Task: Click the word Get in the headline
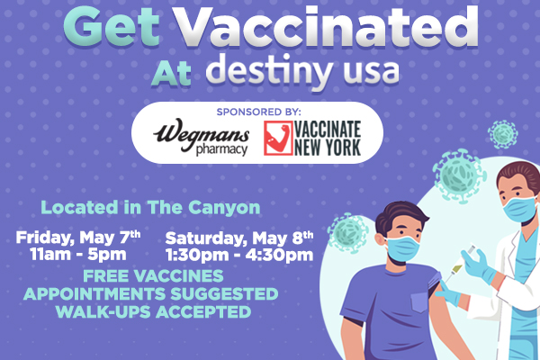click(x=112, y=27)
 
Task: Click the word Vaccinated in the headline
click(x=326, y=27)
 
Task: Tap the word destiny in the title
click(x=269, y=73)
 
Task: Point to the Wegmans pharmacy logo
click(x=201, y=137)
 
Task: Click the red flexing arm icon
click(x=278, y=138)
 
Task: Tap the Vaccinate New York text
click(x=328, y=138)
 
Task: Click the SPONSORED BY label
click(x=258, y=112)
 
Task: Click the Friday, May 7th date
click(x=78, y=238)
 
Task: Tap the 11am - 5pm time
click(x=78, y=255)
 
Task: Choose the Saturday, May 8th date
click(x=239, y=238)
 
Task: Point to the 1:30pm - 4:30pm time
click(x=239, y=256)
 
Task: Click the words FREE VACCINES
click(x=153, y=276)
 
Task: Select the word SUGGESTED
click(x=224, y=294)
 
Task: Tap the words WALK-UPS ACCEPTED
click(x=153, y=311)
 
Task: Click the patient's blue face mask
click(x=402, y=248)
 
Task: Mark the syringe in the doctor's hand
click(x=460, y=263)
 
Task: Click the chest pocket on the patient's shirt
click(x=419, y=302)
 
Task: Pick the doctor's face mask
click(x=520, y=209)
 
